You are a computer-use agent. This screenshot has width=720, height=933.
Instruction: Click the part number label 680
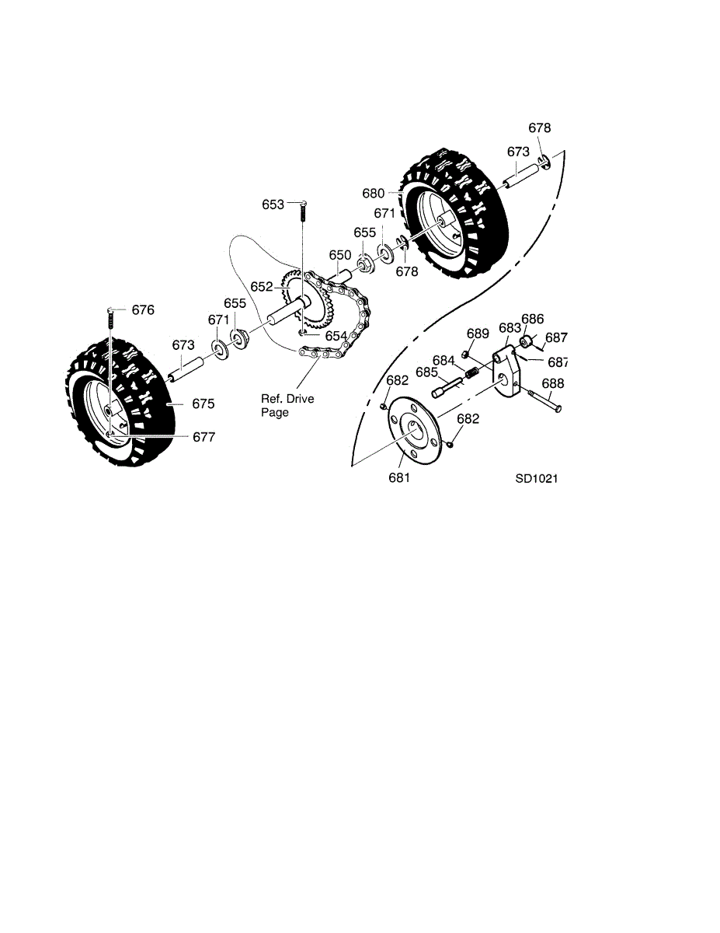373,194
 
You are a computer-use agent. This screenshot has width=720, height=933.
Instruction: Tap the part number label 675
203,404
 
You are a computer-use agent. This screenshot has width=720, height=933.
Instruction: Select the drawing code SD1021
537,478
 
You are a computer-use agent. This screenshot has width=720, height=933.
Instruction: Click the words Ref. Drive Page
287,405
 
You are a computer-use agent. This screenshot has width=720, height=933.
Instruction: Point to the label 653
273,204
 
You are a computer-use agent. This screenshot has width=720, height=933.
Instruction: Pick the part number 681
399,477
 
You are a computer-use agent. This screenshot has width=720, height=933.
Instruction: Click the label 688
553,383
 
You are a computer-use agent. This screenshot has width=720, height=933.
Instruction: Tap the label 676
143,309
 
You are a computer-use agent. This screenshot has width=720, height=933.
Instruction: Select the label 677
203,437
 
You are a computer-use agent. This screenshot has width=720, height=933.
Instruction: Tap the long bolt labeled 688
545,400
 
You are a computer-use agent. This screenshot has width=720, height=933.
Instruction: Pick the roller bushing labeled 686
526,342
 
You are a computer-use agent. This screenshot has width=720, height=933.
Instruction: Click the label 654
336,336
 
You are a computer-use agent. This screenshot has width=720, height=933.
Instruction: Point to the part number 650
340,255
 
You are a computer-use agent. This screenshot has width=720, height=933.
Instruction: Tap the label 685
426,372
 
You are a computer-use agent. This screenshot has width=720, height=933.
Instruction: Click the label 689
478,334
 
